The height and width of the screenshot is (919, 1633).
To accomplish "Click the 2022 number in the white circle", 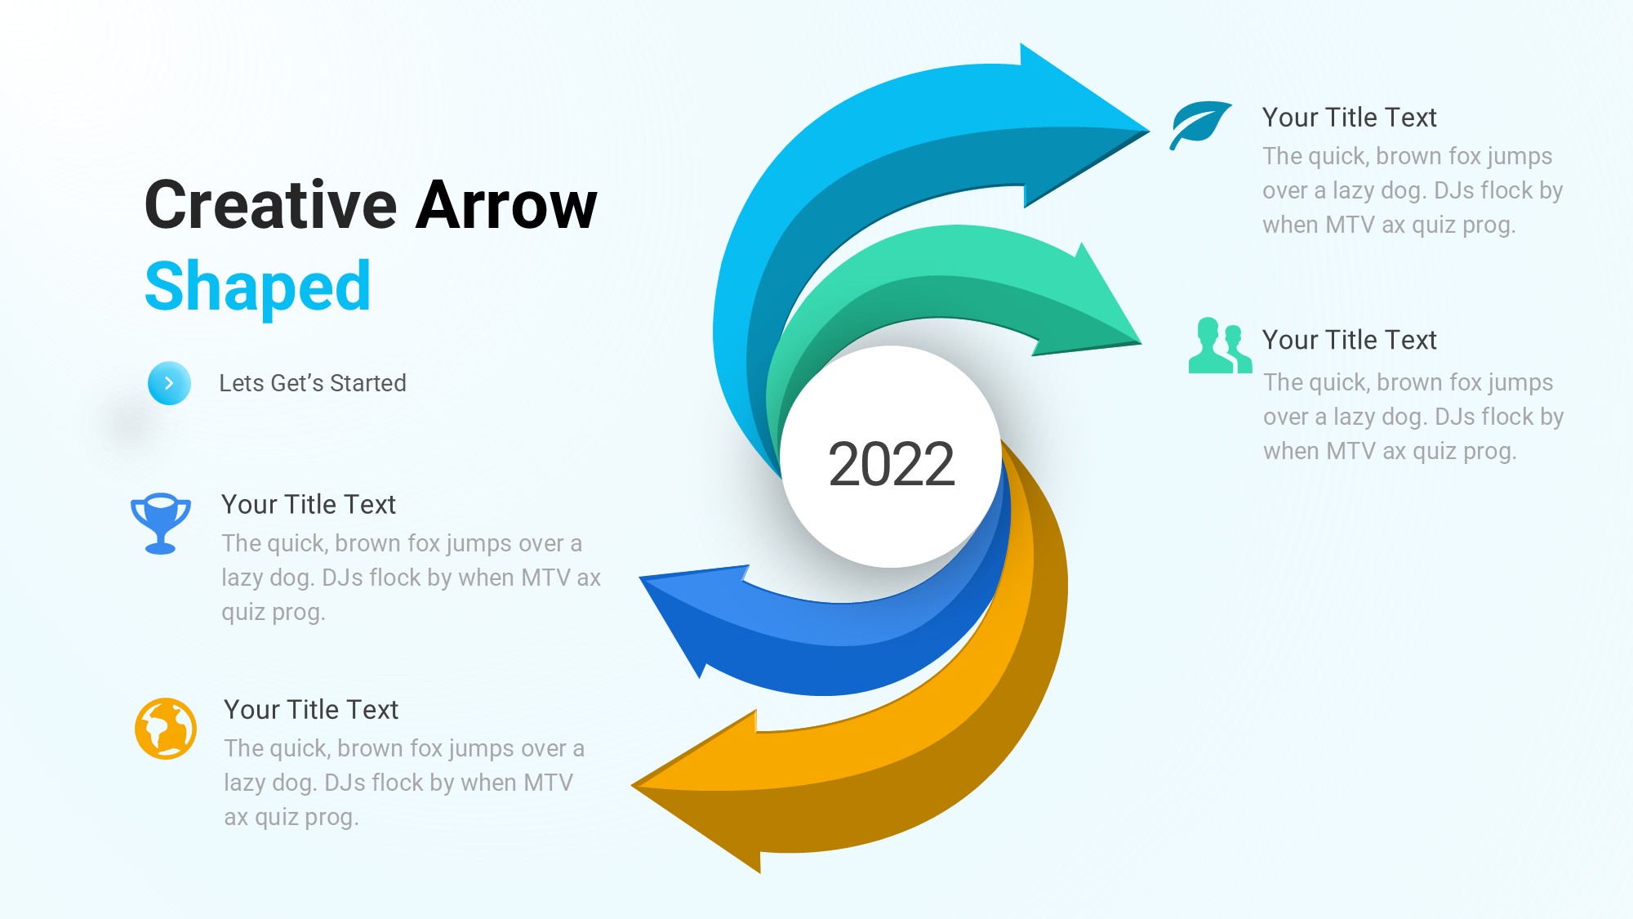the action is coord(891,464).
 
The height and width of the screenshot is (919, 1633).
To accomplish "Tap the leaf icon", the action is coord(1200,125).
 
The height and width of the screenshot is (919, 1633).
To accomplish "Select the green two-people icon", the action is coord(1220,346).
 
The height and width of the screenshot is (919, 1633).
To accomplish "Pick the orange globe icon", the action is coord(166,729).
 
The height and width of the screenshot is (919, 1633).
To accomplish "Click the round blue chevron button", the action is coord(169,383).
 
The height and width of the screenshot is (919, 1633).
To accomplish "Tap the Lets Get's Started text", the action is coord(313,383).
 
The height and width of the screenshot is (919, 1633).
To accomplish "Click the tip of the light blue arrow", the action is coord(1149,130).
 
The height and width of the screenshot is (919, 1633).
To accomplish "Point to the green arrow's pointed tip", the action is coord(1141,342).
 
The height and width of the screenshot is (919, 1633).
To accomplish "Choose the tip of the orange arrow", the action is coord(632,786).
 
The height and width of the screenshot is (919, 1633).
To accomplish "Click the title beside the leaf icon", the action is coord(1349,118).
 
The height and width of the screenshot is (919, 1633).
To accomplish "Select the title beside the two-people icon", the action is coord(1349,340).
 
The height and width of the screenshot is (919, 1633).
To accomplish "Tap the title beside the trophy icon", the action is coord(309,505).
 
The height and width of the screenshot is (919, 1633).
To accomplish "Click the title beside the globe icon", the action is coord(311,710).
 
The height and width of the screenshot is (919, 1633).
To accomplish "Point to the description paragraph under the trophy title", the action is coord(411,578).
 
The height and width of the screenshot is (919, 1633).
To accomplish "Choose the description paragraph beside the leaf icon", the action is coord(1413,190).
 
